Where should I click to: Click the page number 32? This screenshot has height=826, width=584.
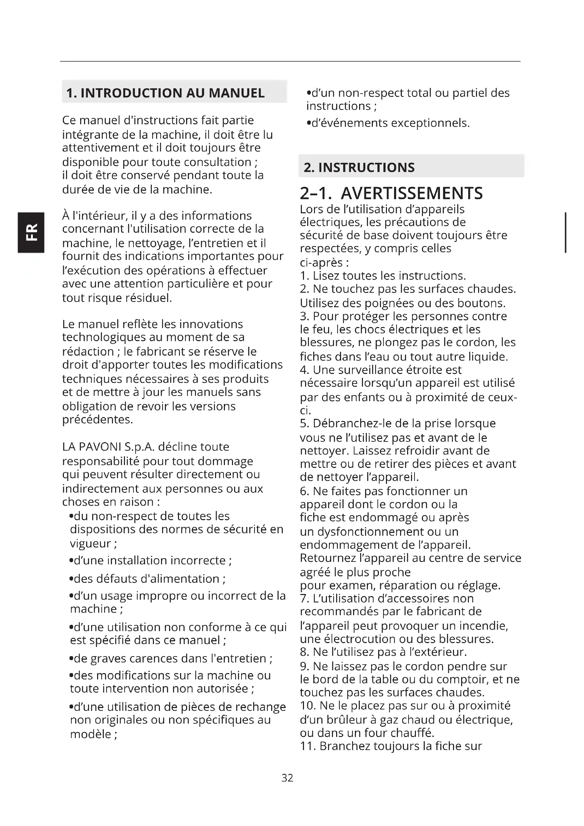tap(287, 778)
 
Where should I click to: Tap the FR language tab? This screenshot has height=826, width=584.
tap(31, 232)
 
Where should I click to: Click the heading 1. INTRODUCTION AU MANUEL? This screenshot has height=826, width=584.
tap(165, 93)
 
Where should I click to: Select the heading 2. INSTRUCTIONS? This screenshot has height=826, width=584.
tap(359, 167)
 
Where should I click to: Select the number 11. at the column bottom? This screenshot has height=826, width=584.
tap(308, 746)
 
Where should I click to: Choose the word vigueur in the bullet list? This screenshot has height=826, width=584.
tap(91, 543)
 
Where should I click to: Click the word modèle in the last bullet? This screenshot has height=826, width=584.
tap(91, 734)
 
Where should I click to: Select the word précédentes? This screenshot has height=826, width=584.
tap(97, 420)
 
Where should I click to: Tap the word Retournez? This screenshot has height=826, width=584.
tap(328, 558)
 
